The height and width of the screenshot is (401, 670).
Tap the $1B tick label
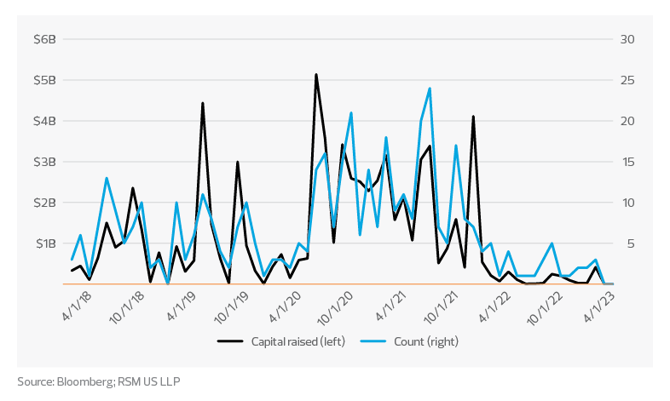pyautogui.click(x=44, y=243)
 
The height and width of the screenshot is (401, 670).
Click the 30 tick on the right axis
pyautogui.click(x=627, y=39)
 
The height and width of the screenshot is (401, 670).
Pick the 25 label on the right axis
pyautogui.click(x=627, y=80)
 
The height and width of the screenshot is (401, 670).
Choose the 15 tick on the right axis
pyautogui.click(x=627, y=162)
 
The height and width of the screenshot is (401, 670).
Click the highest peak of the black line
pyautogui.click(x=316, y=74)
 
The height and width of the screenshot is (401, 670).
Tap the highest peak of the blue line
pyautogui.click(x=430, y=88)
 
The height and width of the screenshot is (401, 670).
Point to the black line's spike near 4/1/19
pyautogui.click(x=202, y=103)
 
